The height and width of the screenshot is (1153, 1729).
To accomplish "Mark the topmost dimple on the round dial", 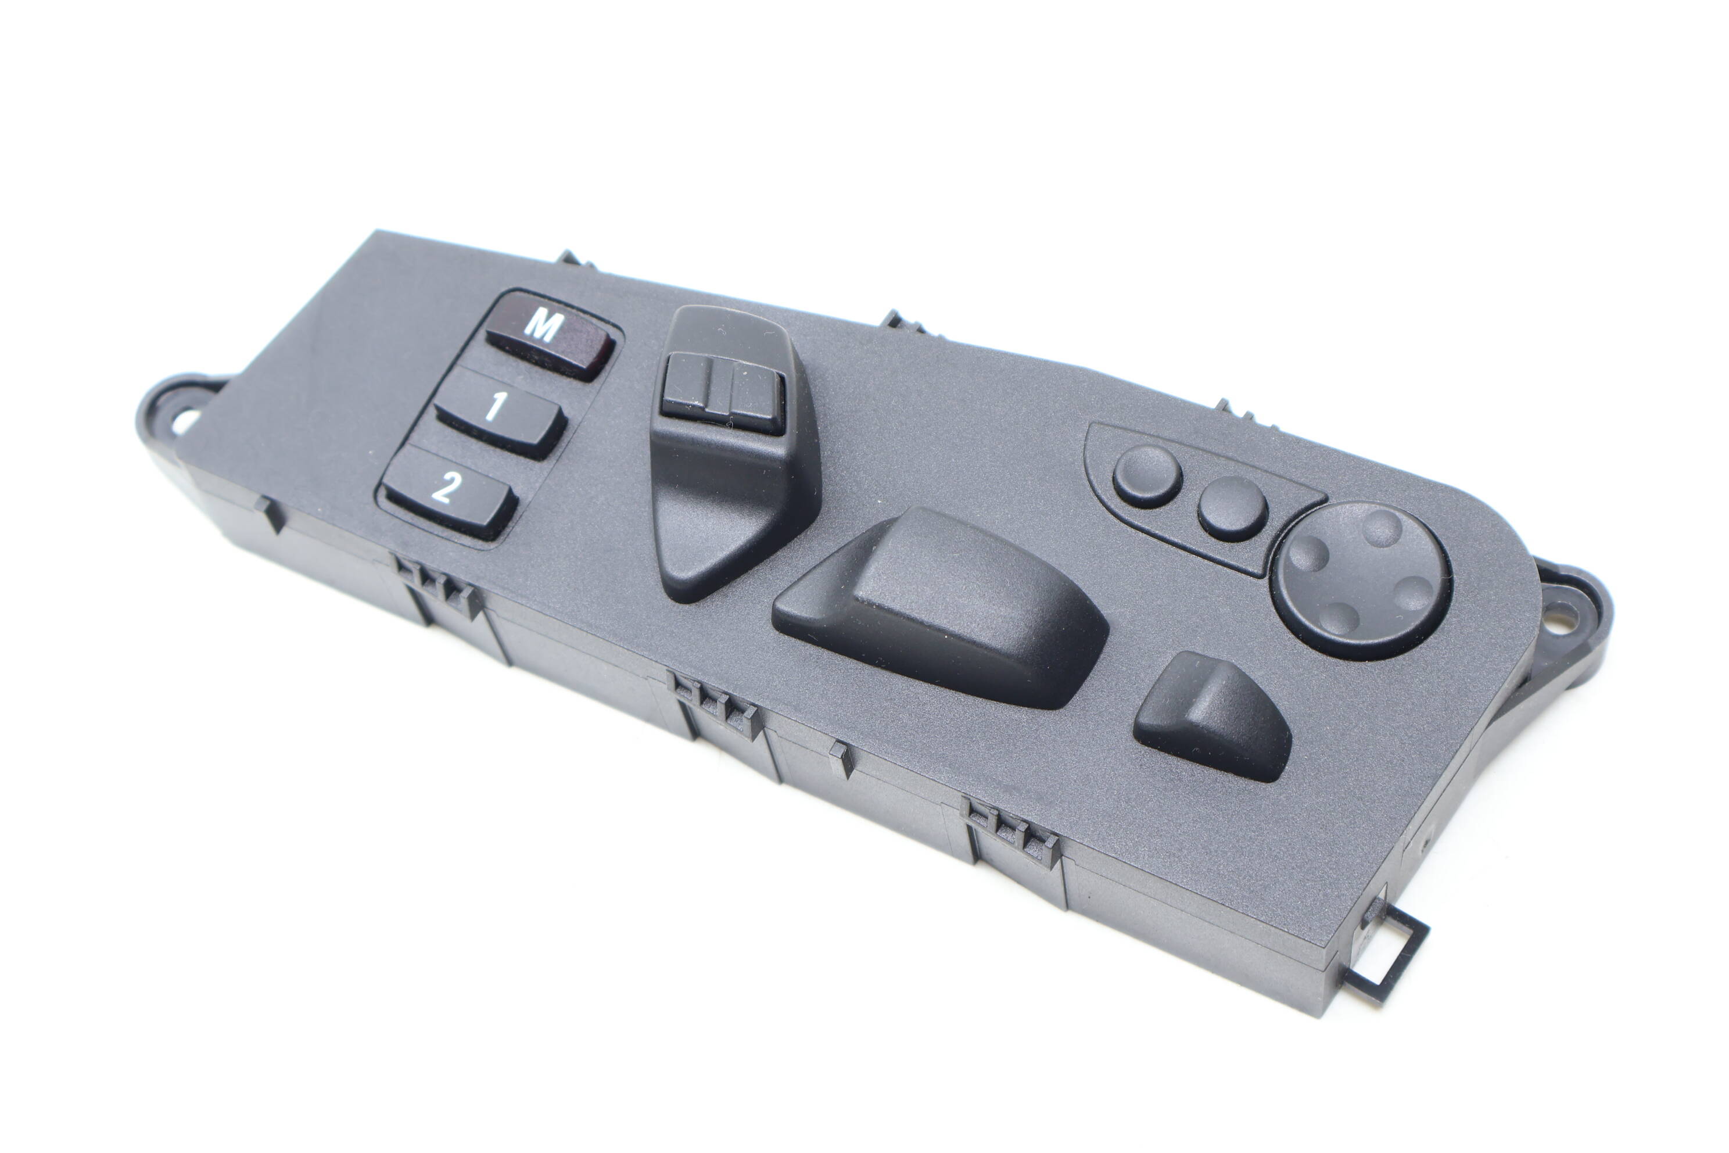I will tap(1382, 528).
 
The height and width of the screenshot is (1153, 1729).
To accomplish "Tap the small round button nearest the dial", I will tap(1232, 507).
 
